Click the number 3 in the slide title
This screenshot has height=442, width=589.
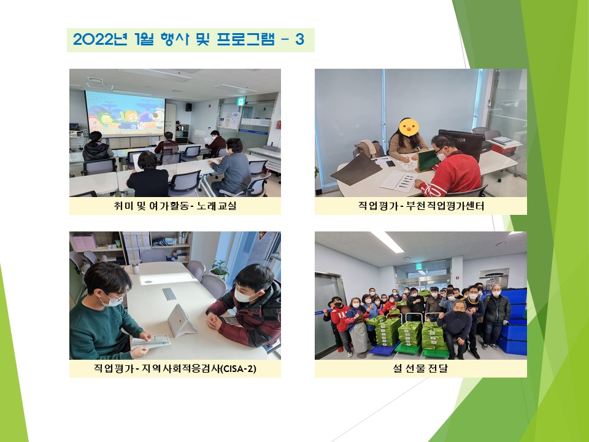pos(299,39)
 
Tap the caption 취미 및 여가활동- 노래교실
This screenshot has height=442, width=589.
pos(175,206)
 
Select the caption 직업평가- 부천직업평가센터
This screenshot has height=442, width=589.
pos(421,206)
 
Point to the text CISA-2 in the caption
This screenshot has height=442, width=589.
pos(237,369)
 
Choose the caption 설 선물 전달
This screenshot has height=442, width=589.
pos(420,368)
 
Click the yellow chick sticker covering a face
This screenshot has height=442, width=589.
pos(409,127)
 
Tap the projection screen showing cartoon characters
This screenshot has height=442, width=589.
pos(125,114)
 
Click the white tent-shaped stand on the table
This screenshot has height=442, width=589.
pos(182,320)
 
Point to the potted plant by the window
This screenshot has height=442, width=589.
pos(220,270)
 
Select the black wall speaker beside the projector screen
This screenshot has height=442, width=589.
pos(188,107)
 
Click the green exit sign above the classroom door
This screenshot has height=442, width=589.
pos(241,101)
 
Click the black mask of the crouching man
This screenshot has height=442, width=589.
pos(459,314)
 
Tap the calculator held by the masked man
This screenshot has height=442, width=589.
pos(229,320)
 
